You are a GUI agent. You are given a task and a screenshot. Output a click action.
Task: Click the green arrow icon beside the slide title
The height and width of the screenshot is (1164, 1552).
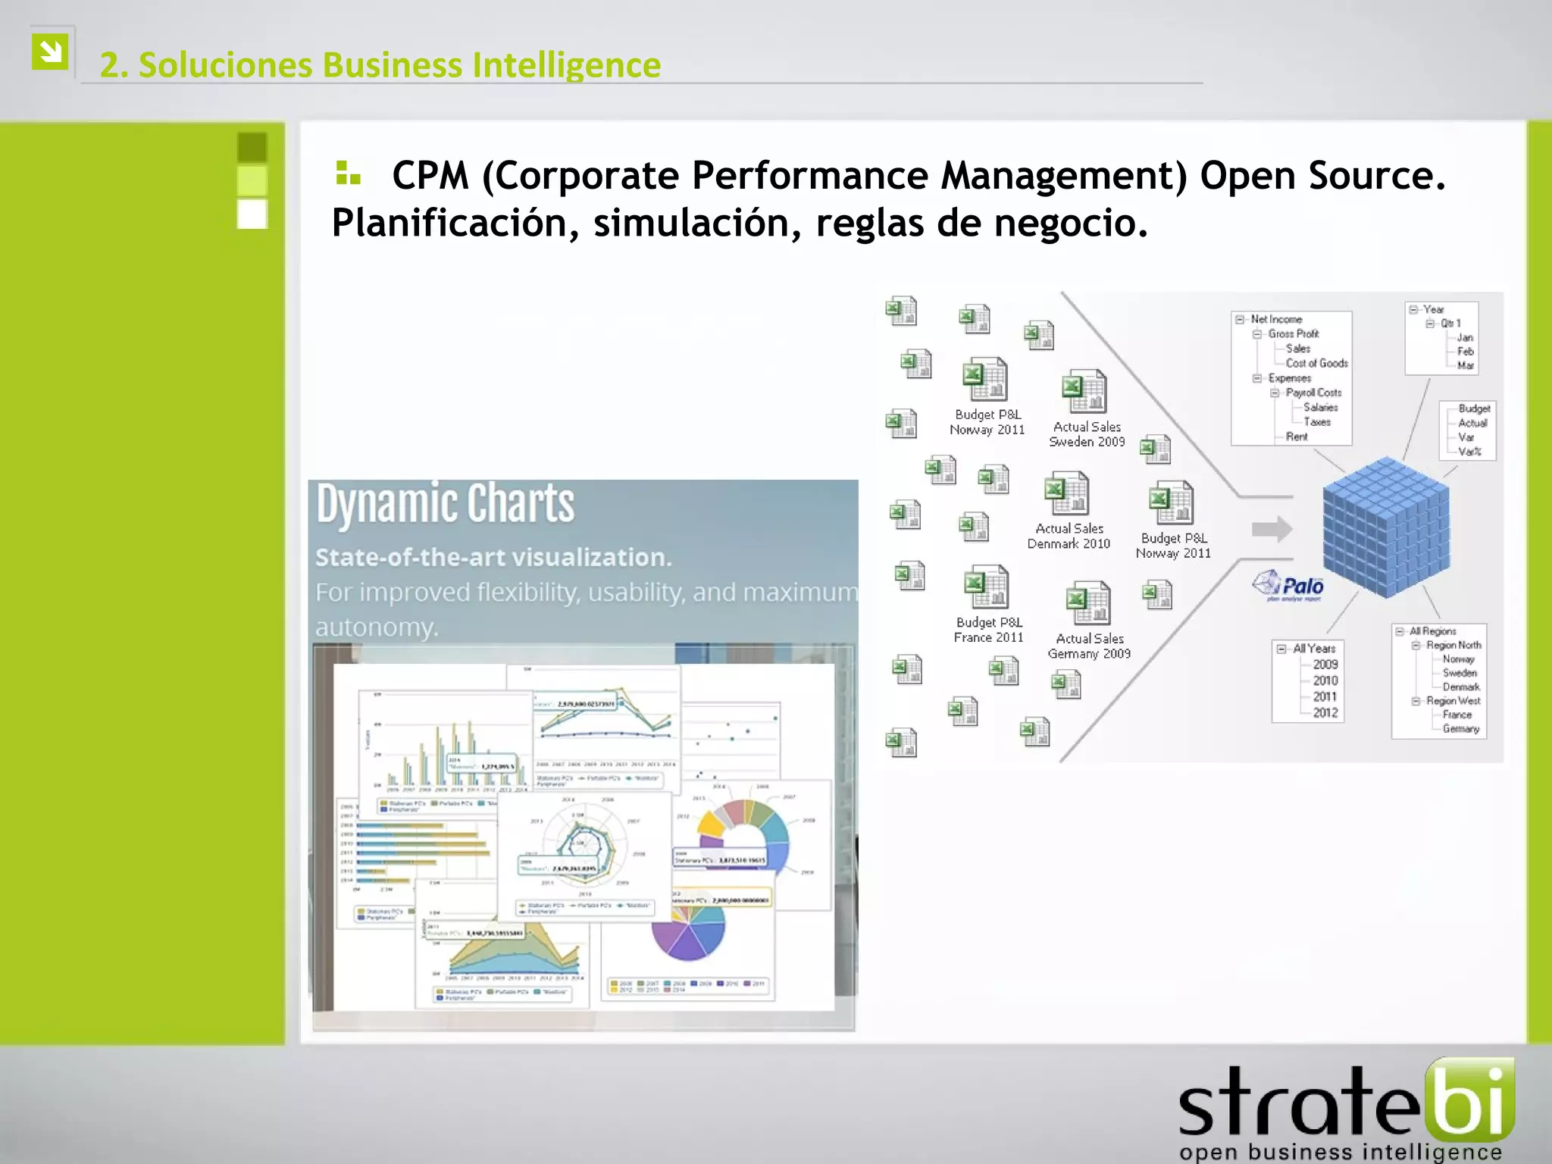coord(50,52)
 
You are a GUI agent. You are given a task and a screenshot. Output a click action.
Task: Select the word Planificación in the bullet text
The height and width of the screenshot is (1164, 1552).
coord(451,224)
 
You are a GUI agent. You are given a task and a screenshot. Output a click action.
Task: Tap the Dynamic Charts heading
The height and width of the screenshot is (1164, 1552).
coord(446,504)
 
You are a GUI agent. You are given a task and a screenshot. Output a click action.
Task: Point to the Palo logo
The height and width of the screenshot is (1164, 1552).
coord(1288,586)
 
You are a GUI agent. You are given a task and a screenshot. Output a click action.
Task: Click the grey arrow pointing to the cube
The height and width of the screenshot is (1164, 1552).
coord(1272,529)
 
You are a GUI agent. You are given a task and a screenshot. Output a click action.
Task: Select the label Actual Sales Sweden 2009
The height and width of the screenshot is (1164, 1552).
coord(1087,434)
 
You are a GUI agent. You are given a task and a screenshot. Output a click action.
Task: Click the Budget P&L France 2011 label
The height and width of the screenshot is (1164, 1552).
coord(988,630)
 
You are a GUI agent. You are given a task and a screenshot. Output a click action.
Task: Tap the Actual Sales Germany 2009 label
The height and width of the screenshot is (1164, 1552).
coord(1089,646)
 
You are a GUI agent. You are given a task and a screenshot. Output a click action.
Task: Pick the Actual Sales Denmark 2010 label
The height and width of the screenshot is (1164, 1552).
coord(1069,536)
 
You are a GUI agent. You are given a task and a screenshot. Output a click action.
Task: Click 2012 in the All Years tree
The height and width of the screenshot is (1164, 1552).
coord(1325,712)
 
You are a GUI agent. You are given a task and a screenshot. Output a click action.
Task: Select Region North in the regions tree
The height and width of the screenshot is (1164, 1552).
coord(1453,645)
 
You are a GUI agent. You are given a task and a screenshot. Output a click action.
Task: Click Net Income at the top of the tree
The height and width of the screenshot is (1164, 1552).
coord(1276,319)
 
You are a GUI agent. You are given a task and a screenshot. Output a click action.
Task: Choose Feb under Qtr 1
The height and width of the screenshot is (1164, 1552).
coord(1465,351)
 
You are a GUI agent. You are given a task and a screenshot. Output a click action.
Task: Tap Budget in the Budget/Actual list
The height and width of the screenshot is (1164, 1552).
coord(1473,408)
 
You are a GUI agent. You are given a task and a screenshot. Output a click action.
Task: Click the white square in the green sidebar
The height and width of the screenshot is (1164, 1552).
coord(252,214)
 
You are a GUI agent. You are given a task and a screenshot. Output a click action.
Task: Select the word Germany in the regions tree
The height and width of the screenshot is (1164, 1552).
coord(1460,728)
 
